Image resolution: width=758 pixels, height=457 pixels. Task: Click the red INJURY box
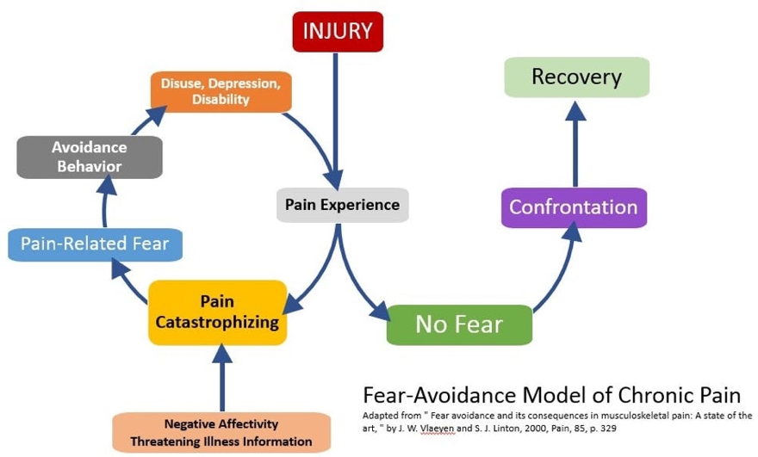click(337, 32)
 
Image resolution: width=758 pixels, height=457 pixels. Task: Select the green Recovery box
click(576, 77)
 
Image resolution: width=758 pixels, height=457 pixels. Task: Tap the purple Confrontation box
click(573, 207)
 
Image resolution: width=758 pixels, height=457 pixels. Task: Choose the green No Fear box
click(458, 324)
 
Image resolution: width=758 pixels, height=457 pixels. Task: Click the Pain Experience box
click(342, 205)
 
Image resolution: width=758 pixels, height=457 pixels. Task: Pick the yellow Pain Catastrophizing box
click(217, 312)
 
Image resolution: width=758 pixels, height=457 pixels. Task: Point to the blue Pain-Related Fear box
click(95, 244)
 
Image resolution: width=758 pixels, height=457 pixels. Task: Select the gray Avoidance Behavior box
click(90, 157)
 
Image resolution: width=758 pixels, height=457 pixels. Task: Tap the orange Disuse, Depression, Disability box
click(221, 91)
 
